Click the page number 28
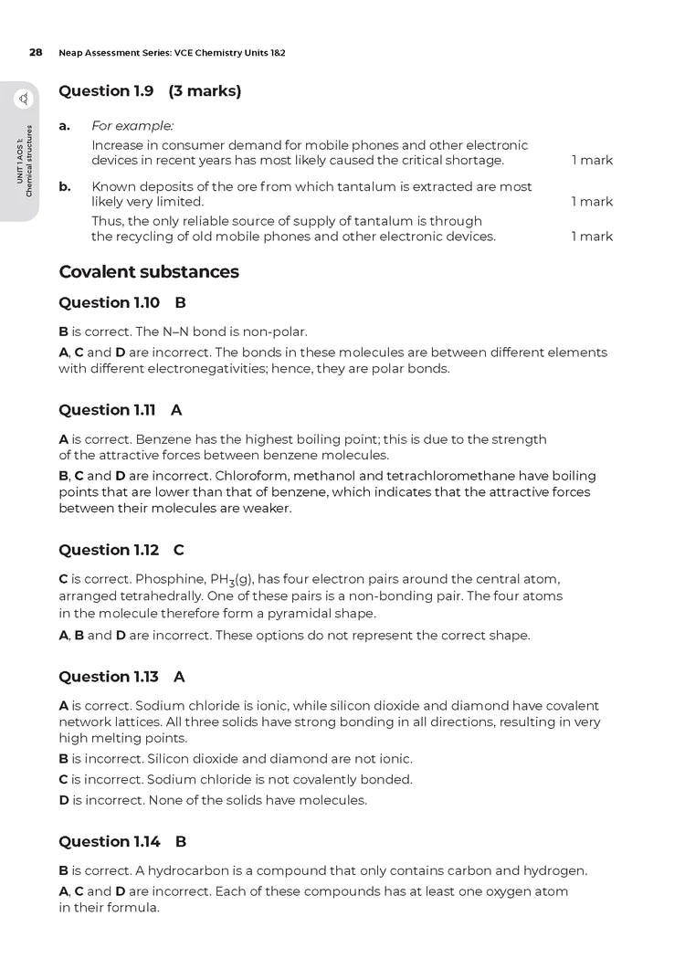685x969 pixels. (36, 53)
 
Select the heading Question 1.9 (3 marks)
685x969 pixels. (150, 91)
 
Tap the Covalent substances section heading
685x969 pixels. (149, 272)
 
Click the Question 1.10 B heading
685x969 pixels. (122, 302)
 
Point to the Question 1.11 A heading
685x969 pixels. (120, 410)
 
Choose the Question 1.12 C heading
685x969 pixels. (121, 550)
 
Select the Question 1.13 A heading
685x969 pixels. (121, 677)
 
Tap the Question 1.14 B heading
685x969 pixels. (122, 841)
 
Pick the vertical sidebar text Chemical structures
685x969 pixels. (30, 161)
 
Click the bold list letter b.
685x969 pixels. (65, 186)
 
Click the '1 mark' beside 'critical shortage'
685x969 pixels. (592, 161)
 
